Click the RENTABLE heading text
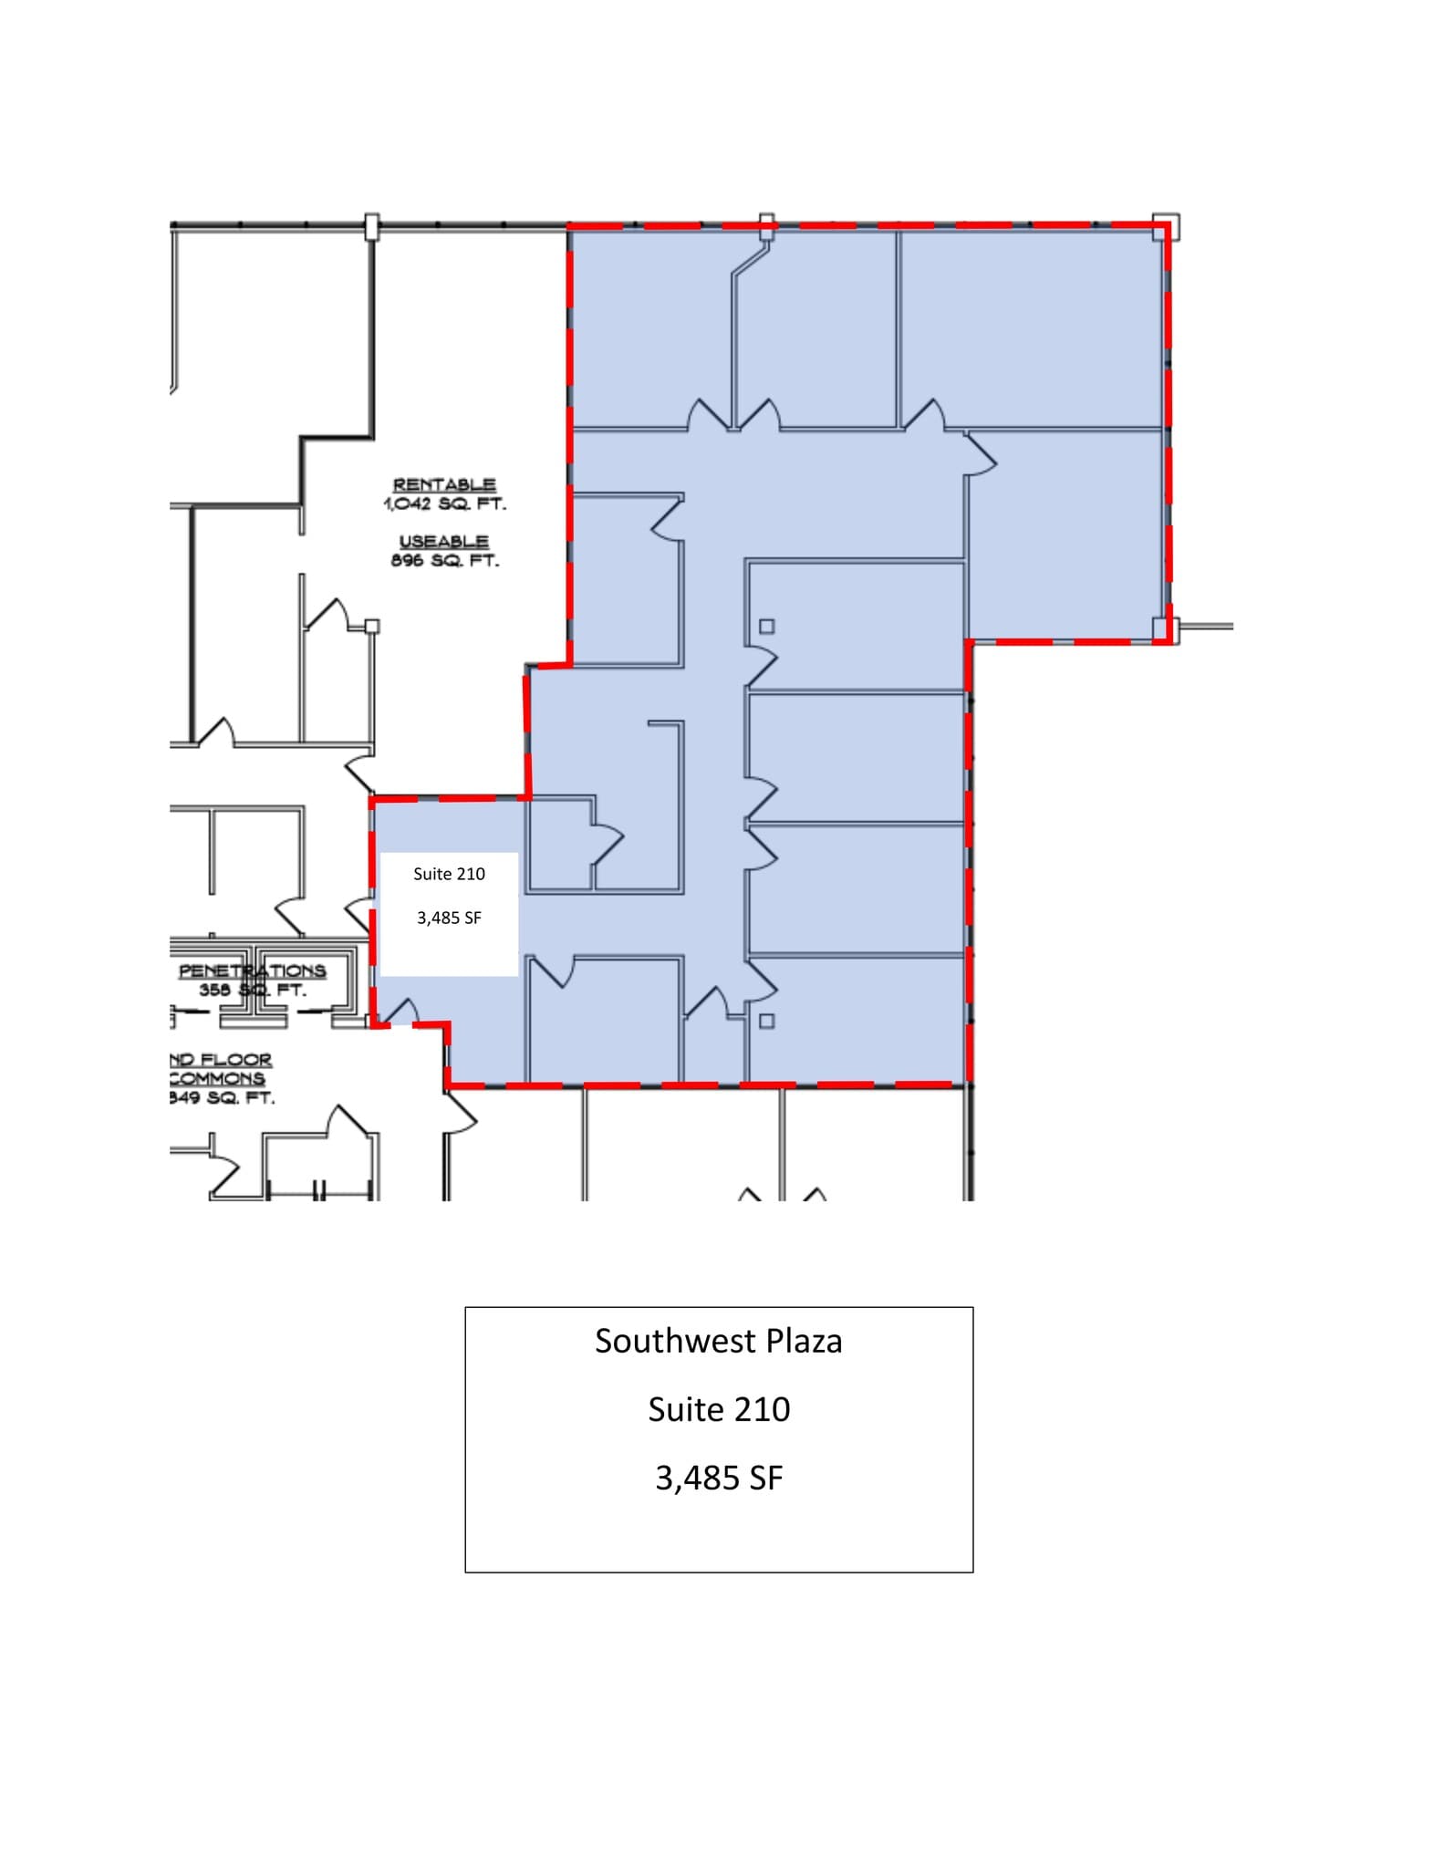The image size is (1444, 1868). [444, 484]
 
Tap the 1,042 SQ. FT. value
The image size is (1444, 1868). [444, 503]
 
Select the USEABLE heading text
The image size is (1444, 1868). [444, 541]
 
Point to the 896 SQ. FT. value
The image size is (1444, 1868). [444, 560]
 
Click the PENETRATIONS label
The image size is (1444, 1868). [252, 970]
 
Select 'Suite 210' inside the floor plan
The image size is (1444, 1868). [449, 874]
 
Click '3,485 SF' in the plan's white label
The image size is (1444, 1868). [449, 918]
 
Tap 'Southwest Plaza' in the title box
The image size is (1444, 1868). [718, 1341]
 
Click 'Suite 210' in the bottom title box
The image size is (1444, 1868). [718, 1409]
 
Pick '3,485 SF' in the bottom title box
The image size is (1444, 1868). [718, 1478]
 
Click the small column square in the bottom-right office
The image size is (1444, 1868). [767, 1021]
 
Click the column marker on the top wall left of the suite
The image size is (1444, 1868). [371, 226]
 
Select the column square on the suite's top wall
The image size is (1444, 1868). [767, 226]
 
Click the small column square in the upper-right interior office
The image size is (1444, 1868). [767, 627]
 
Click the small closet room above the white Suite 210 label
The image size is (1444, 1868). [559, 844]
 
